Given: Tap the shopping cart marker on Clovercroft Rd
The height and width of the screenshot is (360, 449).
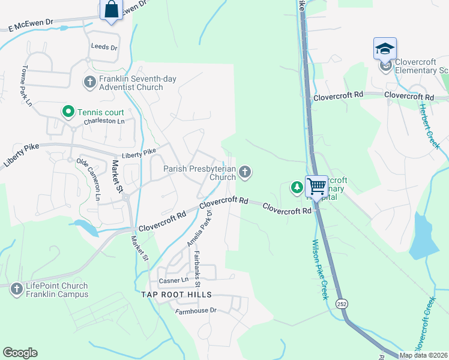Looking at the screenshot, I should pyautogui.click(x=316, y=186).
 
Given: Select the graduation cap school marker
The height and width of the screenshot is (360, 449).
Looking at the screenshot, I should pyautogui.click(x=385, y=49).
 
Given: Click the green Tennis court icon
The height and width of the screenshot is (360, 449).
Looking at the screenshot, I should pyautogui.click(x=68, y=112).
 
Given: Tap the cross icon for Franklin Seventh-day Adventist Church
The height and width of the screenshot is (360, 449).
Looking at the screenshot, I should pyautogui.click(x=90, y=82).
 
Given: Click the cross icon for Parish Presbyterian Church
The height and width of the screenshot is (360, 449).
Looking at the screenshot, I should pyautogui.click(x=244, y=173).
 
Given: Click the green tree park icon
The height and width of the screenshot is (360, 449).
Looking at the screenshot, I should pyautogui.click(x=297, y=187).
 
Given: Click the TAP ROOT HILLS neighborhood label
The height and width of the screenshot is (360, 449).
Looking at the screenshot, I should pyautogui.click(x=176, y=295).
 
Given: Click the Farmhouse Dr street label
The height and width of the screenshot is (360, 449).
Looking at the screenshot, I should pyautogui.click(x=196, y=311).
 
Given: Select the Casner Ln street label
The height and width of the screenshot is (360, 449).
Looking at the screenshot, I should pyautogui.click(x=173, y=280).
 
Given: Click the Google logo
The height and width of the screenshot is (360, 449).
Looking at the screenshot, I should pyautogui.click(x=20, y=353).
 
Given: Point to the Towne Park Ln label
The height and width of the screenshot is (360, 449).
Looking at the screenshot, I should pyautogui.click(x=26, y=85).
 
